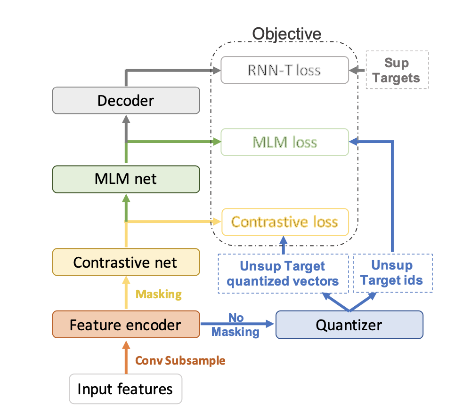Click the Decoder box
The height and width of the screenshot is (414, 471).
point(126,100)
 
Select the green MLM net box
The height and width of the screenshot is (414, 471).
point(126,179)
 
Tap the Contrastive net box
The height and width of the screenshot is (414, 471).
point(126,262)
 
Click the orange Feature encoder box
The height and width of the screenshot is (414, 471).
point(126,325)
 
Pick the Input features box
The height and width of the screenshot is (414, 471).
point(125,389)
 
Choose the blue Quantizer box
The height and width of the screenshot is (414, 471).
point(349,325)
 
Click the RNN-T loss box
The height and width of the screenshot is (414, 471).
point(284,70)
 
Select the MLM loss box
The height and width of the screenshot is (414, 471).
point(284,142)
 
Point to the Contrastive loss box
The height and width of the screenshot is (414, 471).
point(284,222)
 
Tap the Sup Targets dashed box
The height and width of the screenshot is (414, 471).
point(397,70)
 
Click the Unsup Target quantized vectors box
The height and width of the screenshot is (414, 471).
point(283,273)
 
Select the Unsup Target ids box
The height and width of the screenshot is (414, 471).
point(392,273)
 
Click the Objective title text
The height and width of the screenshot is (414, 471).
point(286,34)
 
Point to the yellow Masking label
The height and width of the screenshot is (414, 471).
point(159,295)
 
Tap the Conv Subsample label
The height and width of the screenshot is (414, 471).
point(180,361)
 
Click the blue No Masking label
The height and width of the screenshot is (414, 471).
point(235,325)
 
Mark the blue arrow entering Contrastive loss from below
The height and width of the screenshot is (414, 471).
point(284,244)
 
